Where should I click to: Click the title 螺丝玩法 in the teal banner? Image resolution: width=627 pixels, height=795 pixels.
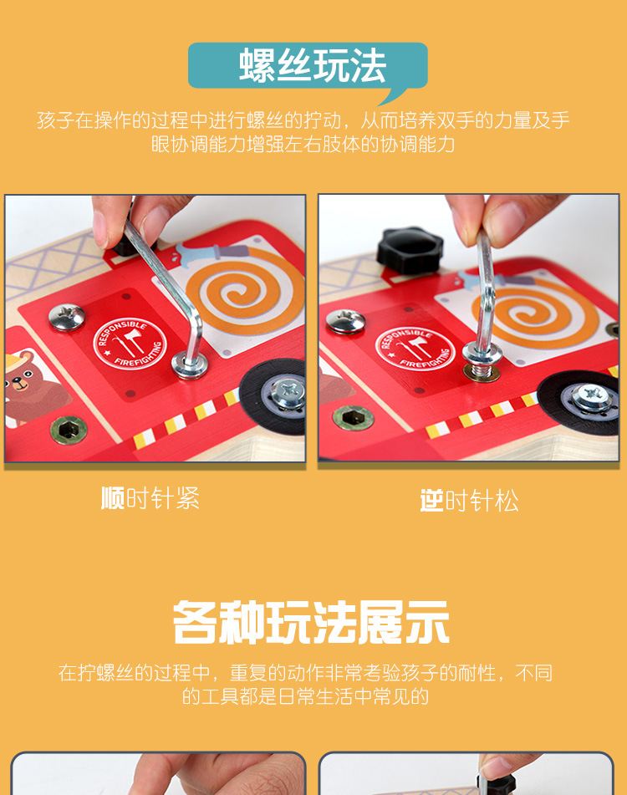click(313, 65)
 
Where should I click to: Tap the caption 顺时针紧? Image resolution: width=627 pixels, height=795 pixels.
click(150, 499)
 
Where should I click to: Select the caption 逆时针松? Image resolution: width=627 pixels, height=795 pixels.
click(469, 501)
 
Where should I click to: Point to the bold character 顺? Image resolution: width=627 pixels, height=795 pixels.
click(112, 499)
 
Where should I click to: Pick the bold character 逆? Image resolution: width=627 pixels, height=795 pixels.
click(431, 501)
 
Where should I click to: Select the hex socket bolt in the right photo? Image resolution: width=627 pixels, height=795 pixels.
click(354, 417)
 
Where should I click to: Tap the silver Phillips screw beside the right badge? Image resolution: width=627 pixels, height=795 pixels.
click(344, 321)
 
